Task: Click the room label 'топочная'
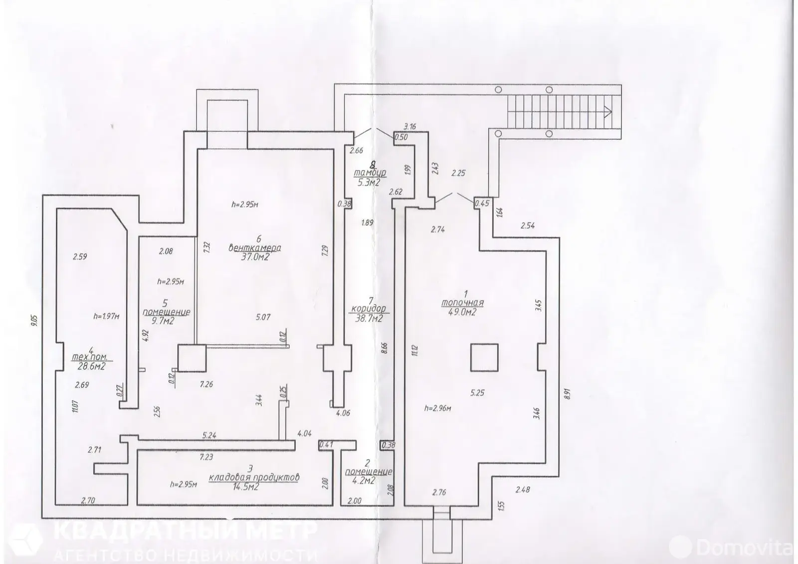click(462, 303)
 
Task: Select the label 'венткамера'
click(254, 248)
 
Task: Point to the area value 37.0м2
click(255, 257)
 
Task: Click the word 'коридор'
click(369, 309)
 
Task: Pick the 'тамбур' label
click(370, 173)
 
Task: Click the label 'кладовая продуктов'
click(254, 477)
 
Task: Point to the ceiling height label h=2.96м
click(437, 408)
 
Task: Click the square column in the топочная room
click(484, 358)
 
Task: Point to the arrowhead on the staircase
click(608, 111)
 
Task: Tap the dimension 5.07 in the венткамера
click(263, 317)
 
